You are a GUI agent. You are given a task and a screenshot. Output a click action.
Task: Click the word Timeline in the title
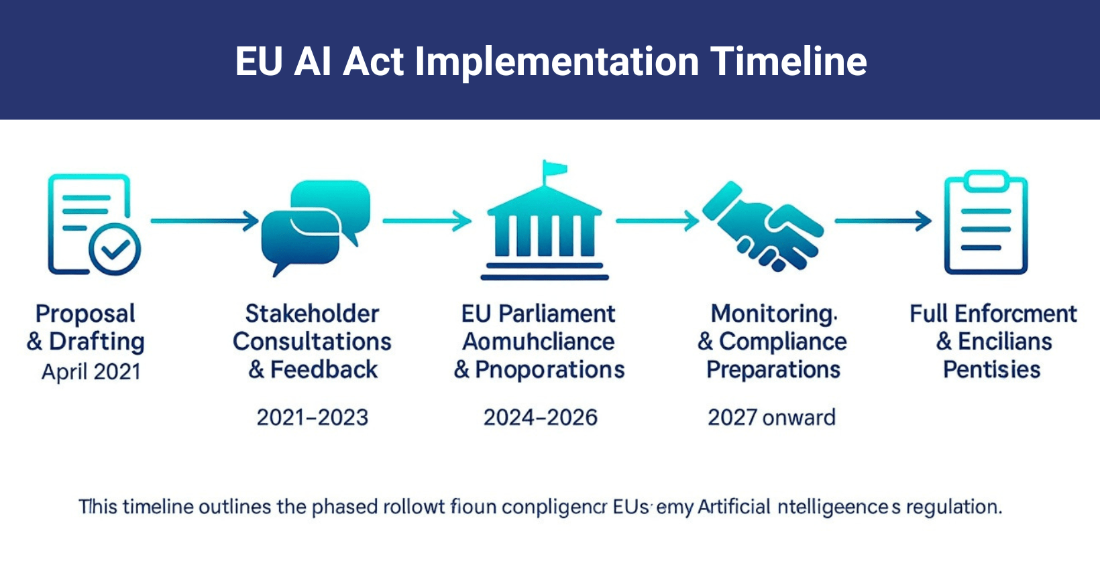(788, 62)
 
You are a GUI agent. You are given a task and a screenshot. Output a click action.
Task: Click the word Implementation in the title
(557, 62)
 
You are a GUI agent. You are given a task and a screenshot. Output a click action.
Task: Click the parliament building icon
(544, 225)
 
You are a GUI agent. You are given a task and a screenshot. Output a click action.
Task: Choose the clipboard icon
(985, 223)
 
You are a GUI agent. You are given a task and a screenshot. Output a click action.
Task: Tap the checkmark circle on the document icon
(115, 249)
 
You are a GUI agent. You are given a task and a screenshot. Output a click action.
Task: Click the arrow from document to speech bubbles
(205, 221)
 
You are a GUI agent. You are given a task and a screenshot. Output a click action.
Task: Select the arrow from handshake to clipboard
(883, 220)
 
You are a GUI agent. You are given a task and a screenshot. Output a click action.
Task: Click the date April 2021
(91, 371)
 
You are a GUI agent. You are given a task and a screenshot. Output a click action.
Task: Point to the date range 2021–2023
(313, 418)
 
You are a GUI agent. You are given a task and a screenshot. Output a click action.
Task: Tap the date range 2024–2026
(541, 418)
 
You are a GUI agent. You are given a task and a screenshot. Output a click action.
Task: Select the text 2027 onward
(771, 418)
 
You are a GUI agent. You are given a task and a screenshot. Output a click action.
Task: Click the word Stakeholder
(313, 314)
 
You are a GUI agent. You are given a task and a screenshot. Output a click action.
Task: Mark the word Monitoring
(773, 314)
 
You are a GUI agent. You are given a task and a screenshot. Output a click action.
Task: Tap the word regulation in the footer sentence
(953, 507)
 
